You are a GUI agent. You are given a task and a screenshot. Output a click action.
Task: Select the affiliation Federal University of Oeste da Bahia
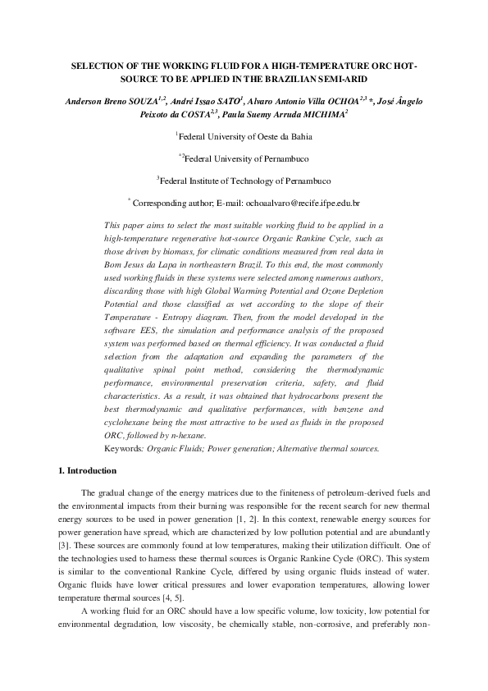pos(244,136)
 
